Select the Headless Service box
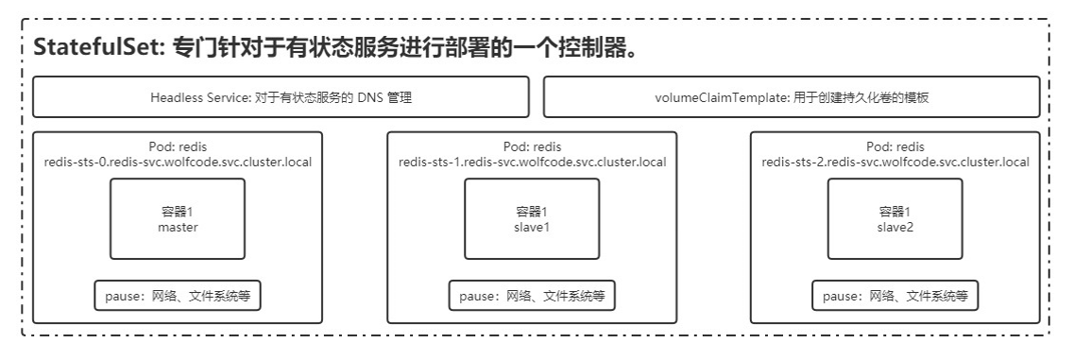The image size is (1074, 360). pos(281,96)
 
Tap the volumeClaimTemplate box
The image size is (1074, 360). pos(792,96)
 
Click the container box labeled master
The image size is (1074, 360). pos(178,219)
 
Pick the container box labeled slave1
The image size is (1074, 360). pos(532,219)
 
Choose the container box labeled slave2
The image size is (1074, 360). pos(895,219)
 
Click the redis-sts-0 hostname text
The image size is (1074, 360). pos(178,163)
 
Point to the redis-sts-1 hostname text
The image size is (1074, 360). pos(532,163)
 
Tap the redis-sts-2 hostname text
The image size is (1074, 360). pos(895,163)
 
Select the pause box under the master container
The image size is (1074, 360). pos(178,296)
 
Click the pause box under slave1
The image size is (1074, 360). pos(532,296)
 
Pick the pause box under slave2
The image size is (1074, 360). pos(895,296)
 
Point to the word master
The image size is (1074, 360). pos(178,228)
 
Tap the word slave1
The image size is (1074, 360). pos(532,228)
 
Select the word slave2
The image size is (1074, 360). pos(895,228)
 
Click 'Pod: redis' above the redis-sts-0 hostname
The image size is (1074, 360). pos(178,146)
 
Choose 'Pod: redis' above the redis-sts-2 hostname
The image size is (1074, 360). pos(895,146)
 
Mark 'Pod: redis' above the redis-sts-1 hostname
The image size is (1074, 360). pos(532,146)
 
